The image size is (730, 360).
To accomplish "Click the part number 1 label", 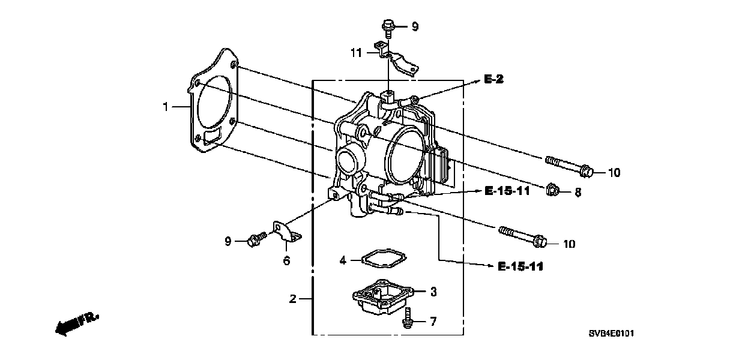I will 166,107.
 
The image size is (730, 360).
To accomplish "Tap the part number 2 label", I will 292,299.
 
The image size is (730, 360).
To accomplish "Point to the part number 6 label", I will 286,260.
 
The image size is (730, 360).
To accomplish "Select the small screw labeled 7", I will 408,317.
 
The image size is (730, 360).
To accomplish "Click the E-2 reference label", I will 493,80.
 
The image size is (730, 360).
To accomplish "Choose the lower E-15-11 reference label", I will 520,266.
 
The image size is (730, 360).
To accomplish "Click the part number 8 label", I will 578,192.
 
